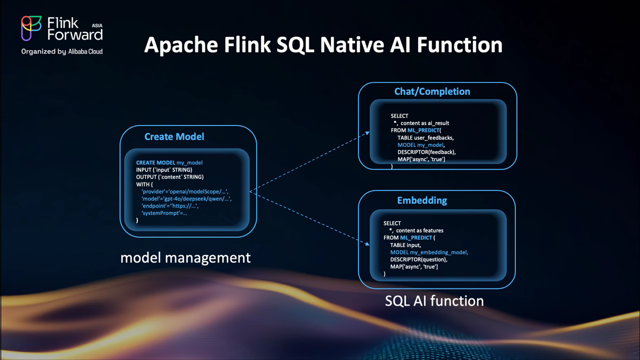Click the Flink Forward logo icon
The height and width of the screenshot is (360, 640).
31,28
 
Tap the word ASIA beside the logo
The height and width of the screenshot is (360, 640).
97,24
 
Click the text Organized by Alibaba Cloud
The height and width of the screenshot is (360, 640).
62,51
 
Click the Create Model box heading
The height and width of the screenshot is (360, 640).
174,136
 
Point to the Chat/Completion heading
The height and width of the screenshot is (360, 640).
432,91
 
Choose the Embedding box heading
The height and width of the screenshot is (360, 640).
422,200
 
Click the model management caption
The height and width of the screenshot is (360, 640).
185,258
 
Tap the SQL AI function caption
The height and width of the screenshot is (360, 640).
434,301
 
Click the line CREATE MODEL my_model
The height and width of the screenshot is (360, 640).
169,162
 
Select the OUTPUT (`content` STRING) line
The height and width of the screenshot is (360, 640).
169,177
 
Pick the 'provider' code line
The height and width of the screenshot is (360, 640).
184,191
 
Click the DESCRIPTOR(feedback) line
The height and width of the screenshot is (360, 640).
426,152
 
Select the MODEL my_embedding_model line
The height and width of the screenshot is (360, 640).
429,252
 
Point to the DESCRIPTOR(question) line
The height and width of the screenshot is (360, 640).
418,259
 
